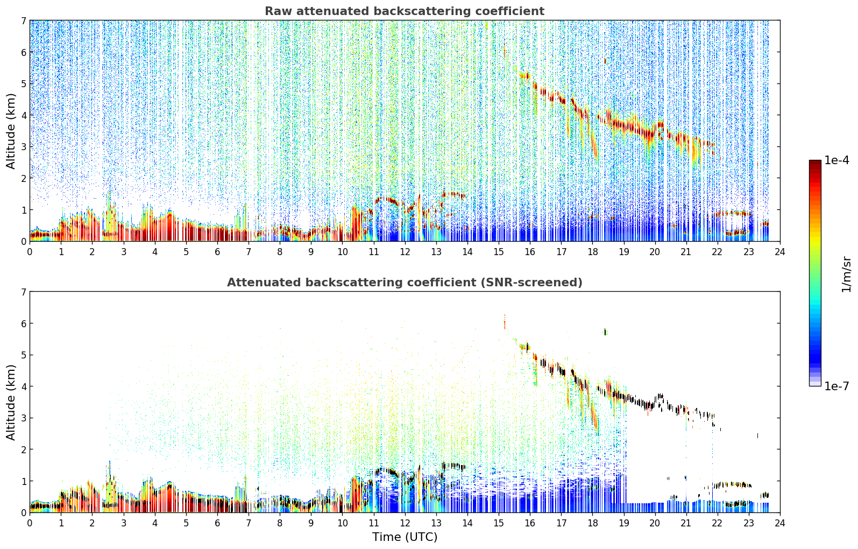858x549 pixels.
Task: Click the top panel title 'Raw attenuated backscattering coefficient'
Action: coord(405,11)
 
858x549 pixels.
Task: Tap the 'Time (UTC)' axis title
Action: coord(405,537)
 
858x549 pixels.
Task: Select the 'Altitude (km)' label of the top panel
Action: coord(11,131)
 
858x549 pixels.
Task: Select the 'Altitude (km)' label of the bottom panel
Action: coord(11,402)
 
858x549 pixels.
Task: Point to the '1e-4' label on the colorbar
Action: coord(836,160)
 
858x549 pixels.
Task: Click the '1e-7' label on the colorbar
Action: coord(836,386)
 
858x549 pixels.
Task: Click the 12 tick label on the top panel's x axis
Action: coord(405,252)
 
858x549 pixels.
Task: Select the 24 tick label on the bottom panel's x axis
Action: coord(780,523)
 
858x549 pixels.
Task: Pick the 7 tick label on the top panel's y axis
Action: coord(23,20)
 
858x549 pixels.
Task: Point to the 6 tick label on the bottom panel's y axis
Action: coord(23,323)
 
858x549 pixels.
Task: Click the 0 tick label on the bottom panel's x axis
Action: coord(30,523)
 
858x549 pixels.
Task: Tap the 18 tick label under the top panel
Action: coord(593,252)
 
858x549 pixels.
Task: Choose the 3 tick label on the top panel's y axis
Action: coord(23,147)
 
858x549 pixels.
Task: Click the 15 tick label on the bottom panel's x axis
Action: coord(499,523)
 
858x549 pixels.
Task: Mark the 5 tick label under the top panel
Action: coord(186,252)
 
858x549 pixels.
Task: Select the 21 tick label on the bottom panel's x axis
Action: coord(686,523)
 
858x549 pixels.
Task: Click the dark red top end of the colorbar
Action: coord(815,162)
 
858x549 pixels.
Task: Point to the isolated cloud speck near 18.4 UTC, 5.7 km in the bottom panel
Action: coord(605,332)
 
